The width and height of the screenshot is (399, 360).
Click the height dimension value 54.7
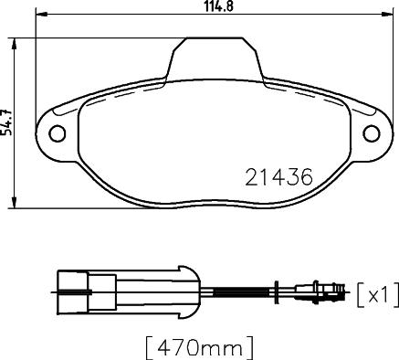click(7, 123)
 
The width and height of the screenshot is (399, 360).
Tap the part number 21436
click(279, 176)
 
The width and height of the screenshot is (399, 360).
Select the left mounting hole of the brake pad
click(56, 133)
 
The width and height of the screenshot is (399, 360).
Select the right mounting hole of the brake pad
click(372, 133)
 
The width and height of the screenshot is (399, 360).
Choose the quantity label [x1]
click(376, 293)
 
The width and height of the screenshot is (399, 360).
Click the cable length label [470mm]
click(198, 347)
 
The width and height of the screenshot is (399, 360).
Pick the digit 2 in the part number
click(253, 176)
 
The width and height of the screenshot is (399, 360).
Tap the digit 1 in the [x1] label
click(386, 293)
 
